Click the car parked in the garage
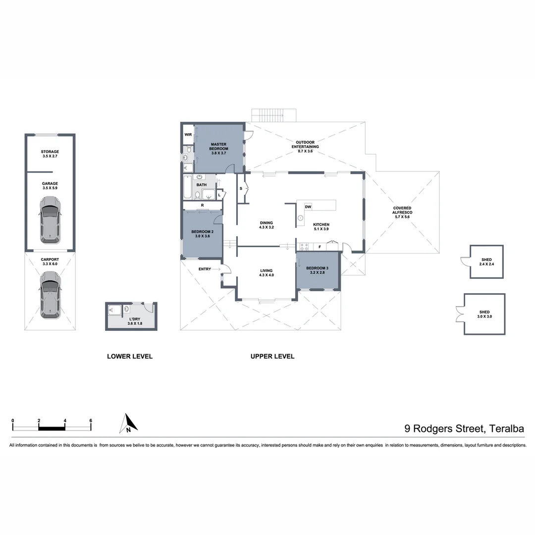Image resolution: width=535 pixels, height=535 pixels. (x=50, y=219)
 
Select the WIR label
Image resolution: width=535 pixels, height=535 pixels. (x=188, y=134)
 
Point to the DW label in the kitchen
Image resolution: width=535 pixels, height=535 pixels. (x=308, y=207)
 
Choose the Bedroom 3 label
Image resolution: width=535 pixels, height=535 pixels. (x=317, y=270)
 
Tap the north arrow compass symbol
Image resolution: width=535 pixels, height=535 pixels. (x=129, y=424)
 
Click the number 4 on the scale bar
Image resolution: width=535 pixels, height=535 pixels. (x=65, y=421)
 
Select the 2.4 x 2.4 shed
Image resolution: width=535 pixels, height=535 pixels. (x=486, y=262)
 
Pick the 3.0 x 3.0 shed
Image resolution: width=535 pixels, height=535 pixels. (x=484, y=314)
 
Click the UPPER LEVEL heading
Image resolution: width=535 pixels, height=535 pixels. (x=272, y=356)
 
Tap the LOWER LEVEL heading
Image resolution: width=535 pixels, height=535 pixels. (x=130, y=356)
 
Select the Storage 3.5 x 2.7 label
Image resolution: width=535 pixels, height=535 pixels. (x=50, y=154)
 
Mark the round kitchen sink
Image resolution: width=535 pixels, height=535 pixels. (x=300, y=217)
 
